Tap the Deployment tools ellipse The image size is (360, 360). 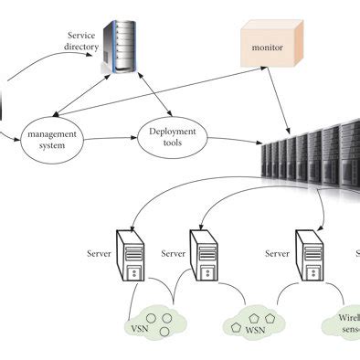[x=172, y=138]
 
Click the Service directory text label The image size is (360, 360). [x=81, y=41]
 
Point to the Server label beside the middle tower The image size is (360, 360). [x=174, y=253]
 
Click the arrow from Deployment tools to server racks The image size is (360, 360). [x=234, y=141]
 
